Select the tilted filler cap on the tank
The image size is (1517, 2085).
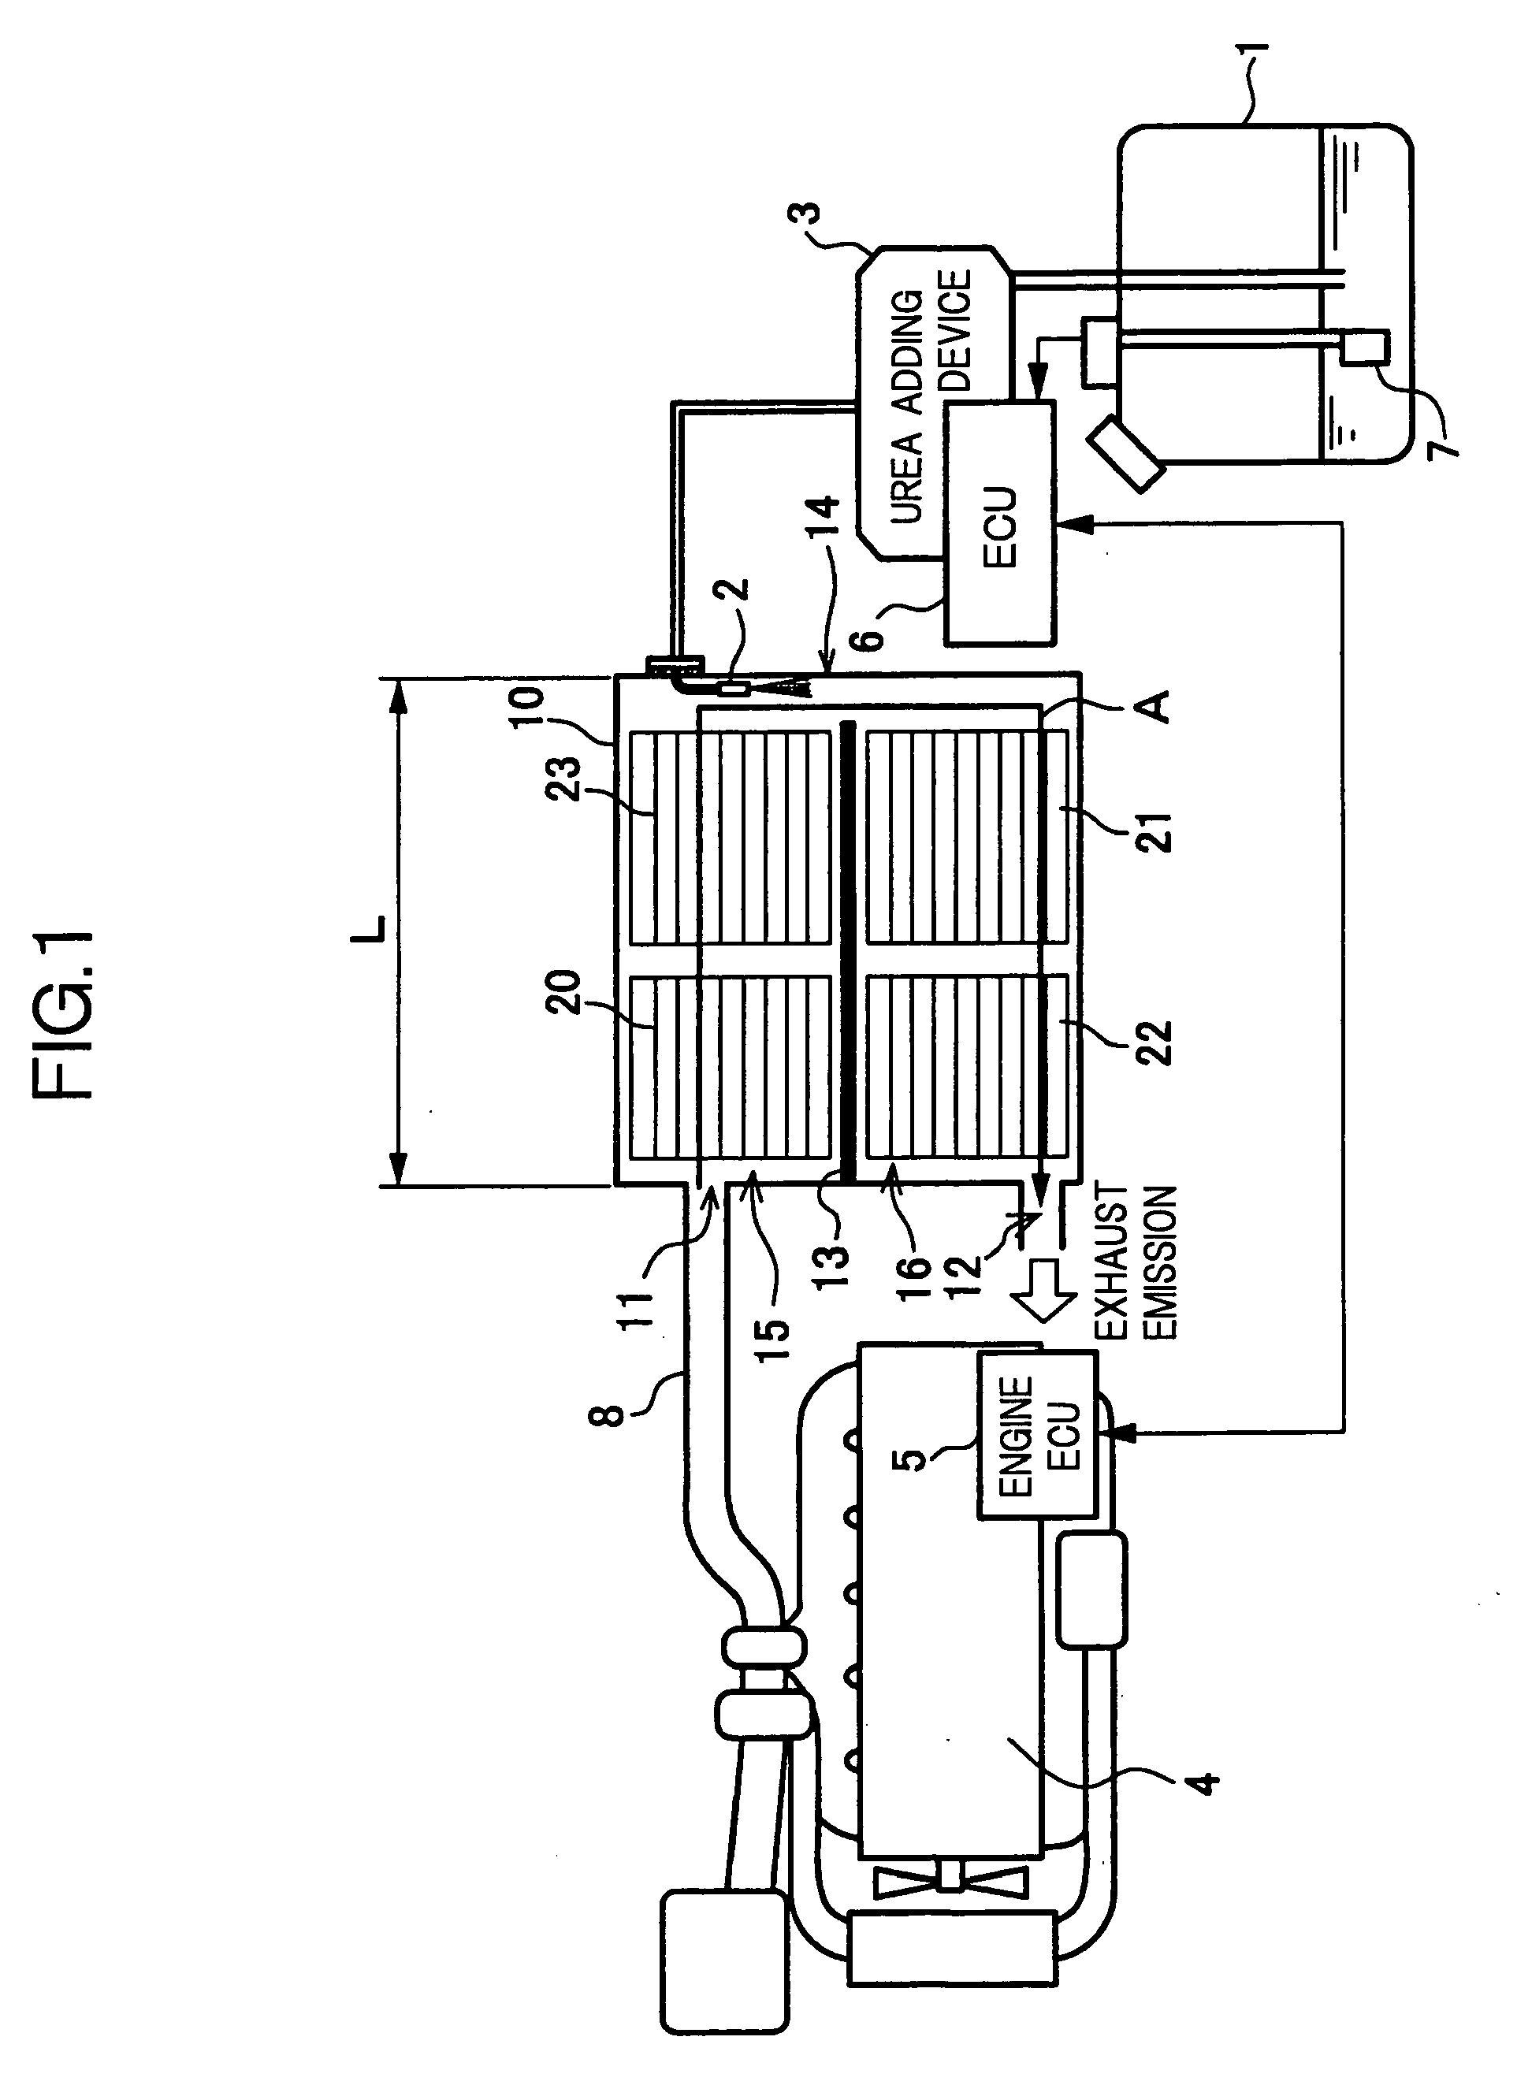coord(1125,456)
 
